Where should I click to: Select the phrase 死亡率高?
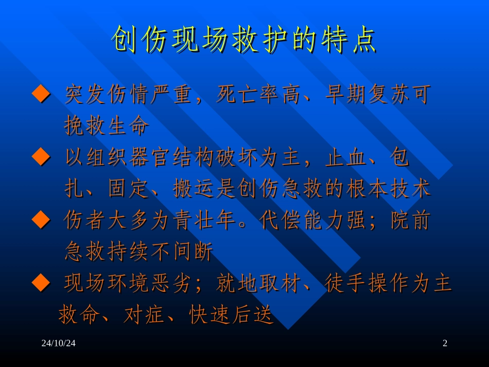click(x=249, y=95)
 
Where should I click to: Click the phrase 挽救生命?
click(x=107, y=126)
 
